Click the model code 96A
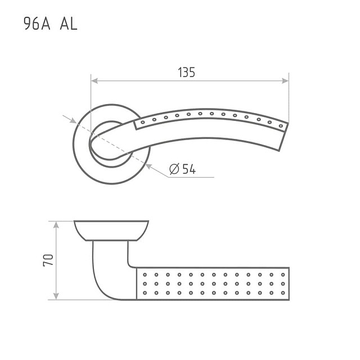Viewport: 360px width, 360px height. [x=37, y=24]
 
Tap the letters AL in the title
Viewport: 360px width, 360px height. [x=69, y=24]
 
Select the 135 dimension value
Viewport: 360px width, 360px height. [x=186, y=72]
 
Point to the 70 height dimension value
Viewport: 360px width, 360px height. [x=48, y=260]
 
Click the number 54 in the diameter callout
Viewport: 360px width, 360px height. [x=189, y=169]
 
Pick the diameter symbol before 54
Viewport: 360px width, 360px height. [x=174, y=169]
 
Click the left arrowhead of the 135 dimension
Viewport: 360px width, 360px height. [x=94, y=81]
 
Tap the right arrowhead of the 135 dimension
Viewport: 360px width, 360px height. [x=285, y=81]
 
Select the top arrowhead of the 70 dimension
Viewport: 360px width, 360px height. [x=56, y=225]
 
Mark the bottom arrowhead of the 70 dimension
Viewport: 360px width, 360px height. [x=56, y=296]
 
